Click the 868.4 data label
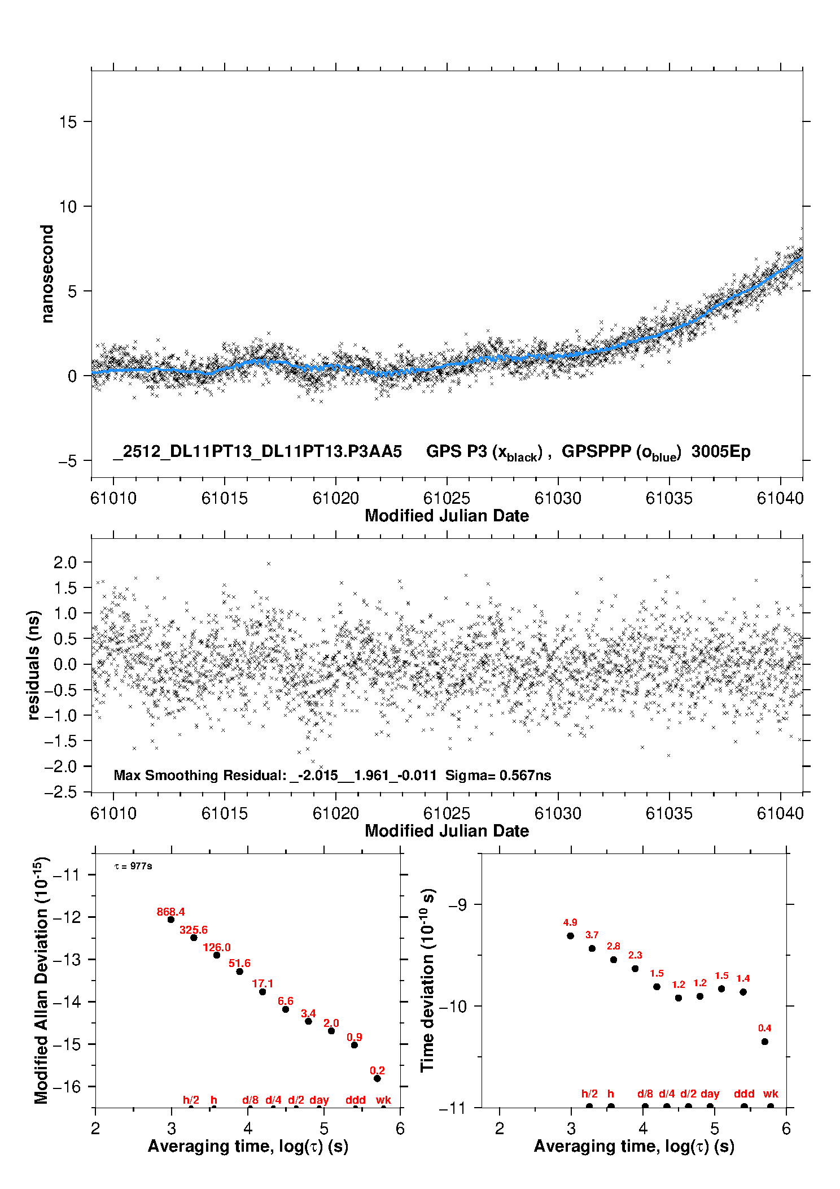click(170, 912)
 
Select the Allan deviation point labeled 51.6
click(239, 972)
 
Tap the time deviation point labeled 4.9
click(570, 936)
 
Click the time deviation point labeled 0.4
click(764, 1042)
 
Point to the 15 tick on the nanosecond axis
click(68, 121)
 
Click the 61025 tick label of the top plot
click(447, 498)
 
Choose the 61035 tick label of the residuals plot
click(669, 813)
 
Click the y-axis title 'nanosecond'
click(47, 274)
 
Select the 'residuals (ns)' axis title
click(34, 665)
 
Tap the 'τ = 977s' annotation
click(133, 866)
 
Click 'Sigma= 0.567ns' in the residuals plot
click(498, 775)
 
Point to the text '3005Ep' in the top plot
click(721, 452)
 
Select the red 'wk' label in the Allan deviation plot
click(383, 1100)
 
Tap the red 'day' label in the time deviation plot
click(710, 1094)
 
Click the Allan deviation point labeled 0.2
click(377, 1078)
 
